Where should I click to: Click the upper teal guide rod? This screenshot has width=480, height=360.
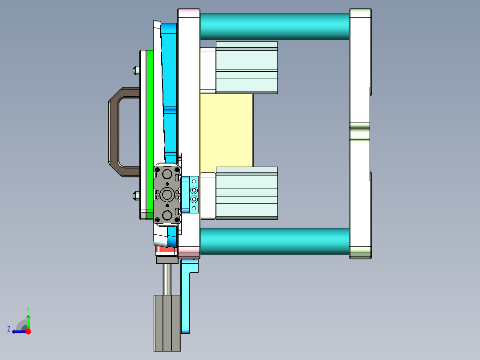click(274, 26)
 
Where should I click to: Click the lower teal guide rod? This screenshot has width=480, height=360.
click(274, 241)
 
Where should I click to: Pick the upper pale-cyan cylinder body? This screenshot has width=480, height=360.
click(247, 67)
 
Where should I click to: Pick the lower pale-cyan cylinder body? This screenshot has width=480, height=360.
click(247, 192)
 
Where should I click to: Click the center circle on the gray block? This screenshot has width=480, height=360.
click(167, 194)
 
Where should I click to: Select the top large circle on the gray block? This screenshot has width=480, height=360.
click(167, 173)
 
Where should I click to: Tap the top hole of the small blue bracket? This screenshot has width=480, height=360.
click(194, 182)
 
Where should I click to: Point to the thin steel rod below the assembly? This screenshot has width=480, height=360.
click(167, 279)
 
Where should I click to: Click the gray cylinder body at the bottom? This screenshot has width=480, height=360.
click(167, 323)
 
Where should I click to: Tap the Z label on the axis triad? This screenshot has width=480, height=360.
click(8, 329)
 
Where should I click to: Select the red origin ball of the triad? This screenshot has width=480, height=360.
click(28, 331)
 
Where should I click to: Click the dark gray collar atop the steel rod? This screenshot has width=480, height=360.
click(167, 260)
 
